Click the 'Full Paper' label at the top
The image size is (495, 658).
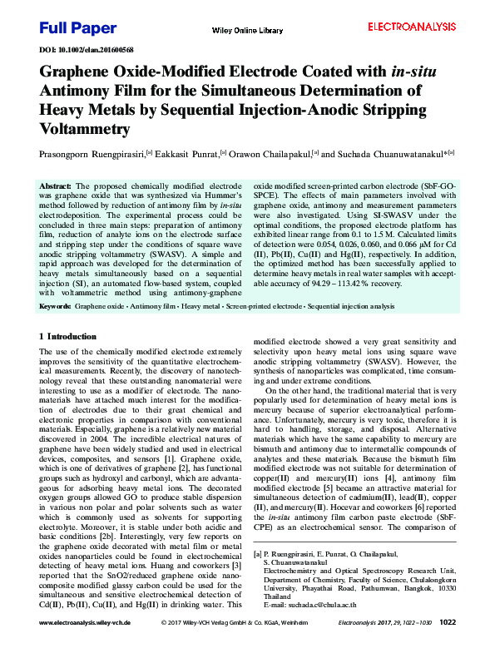pos(78,28)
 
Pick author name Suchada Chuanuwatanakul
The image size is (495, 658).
pos(387,154)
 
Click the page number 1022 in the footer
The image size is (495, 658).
pos(447,644)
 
